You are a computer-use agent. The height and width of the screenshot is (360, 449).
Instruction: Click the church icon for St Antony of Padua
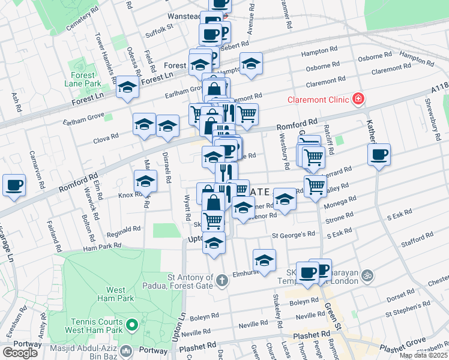(222, 280)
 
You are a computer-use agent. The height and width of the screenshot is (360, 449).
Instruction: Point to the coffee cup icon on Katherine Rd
(379, 155)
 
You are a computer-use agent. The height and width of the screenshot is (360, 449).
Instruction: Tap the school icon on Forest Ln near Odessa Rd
(127, 88)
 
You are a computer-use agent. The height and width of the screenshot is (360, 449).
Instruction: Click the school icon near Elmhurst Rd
(264, 260)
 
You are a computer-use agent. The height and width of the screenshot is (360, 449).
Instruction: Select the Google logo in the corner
(20, 353)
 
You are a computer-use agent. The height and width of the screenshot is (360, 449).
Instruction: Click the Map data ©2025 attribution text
(423, 355)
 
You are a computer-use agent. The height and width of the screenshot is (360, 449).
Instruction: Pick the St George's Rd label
(294, 235)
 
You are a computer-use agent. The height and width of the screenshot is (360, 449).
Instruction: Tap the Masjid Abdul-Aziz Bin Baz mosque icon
(126, 350)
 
